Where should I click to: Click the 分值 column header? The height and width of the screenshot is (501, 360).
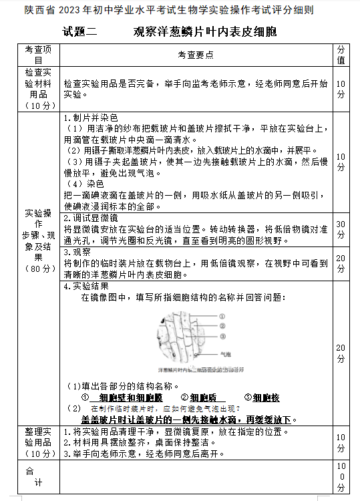point(341,55)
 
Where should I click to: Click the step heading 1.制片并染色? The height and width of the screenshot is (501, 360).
point(90,118)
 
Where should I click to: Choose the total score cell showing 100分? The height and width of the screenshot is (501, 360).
point(341,476)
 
